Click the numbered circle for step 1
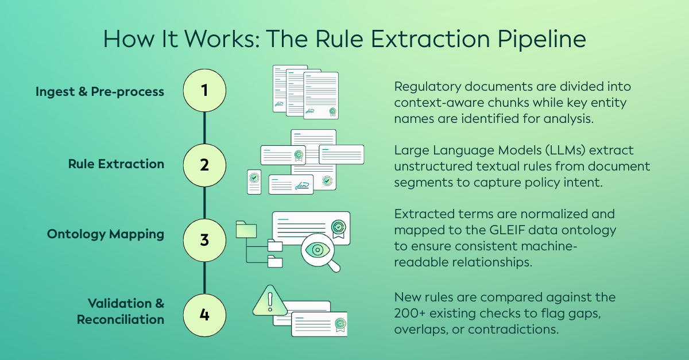[x=204, y=91]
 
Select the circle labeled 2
[x=204, y=165]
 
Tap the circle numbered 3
[x=204, y=238]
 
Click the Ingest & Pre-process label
[x=100, y=91]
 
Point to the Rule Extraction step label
[x=116, y=164]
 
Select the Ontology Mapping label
[x=106, y=234]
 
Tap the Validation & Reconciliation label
[x=121, y=311]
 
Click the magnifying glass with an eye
[x=318, y=251]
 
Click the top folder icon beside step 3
[x=245, y=229]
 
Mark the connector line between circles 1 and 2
[x=204, y=127]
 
